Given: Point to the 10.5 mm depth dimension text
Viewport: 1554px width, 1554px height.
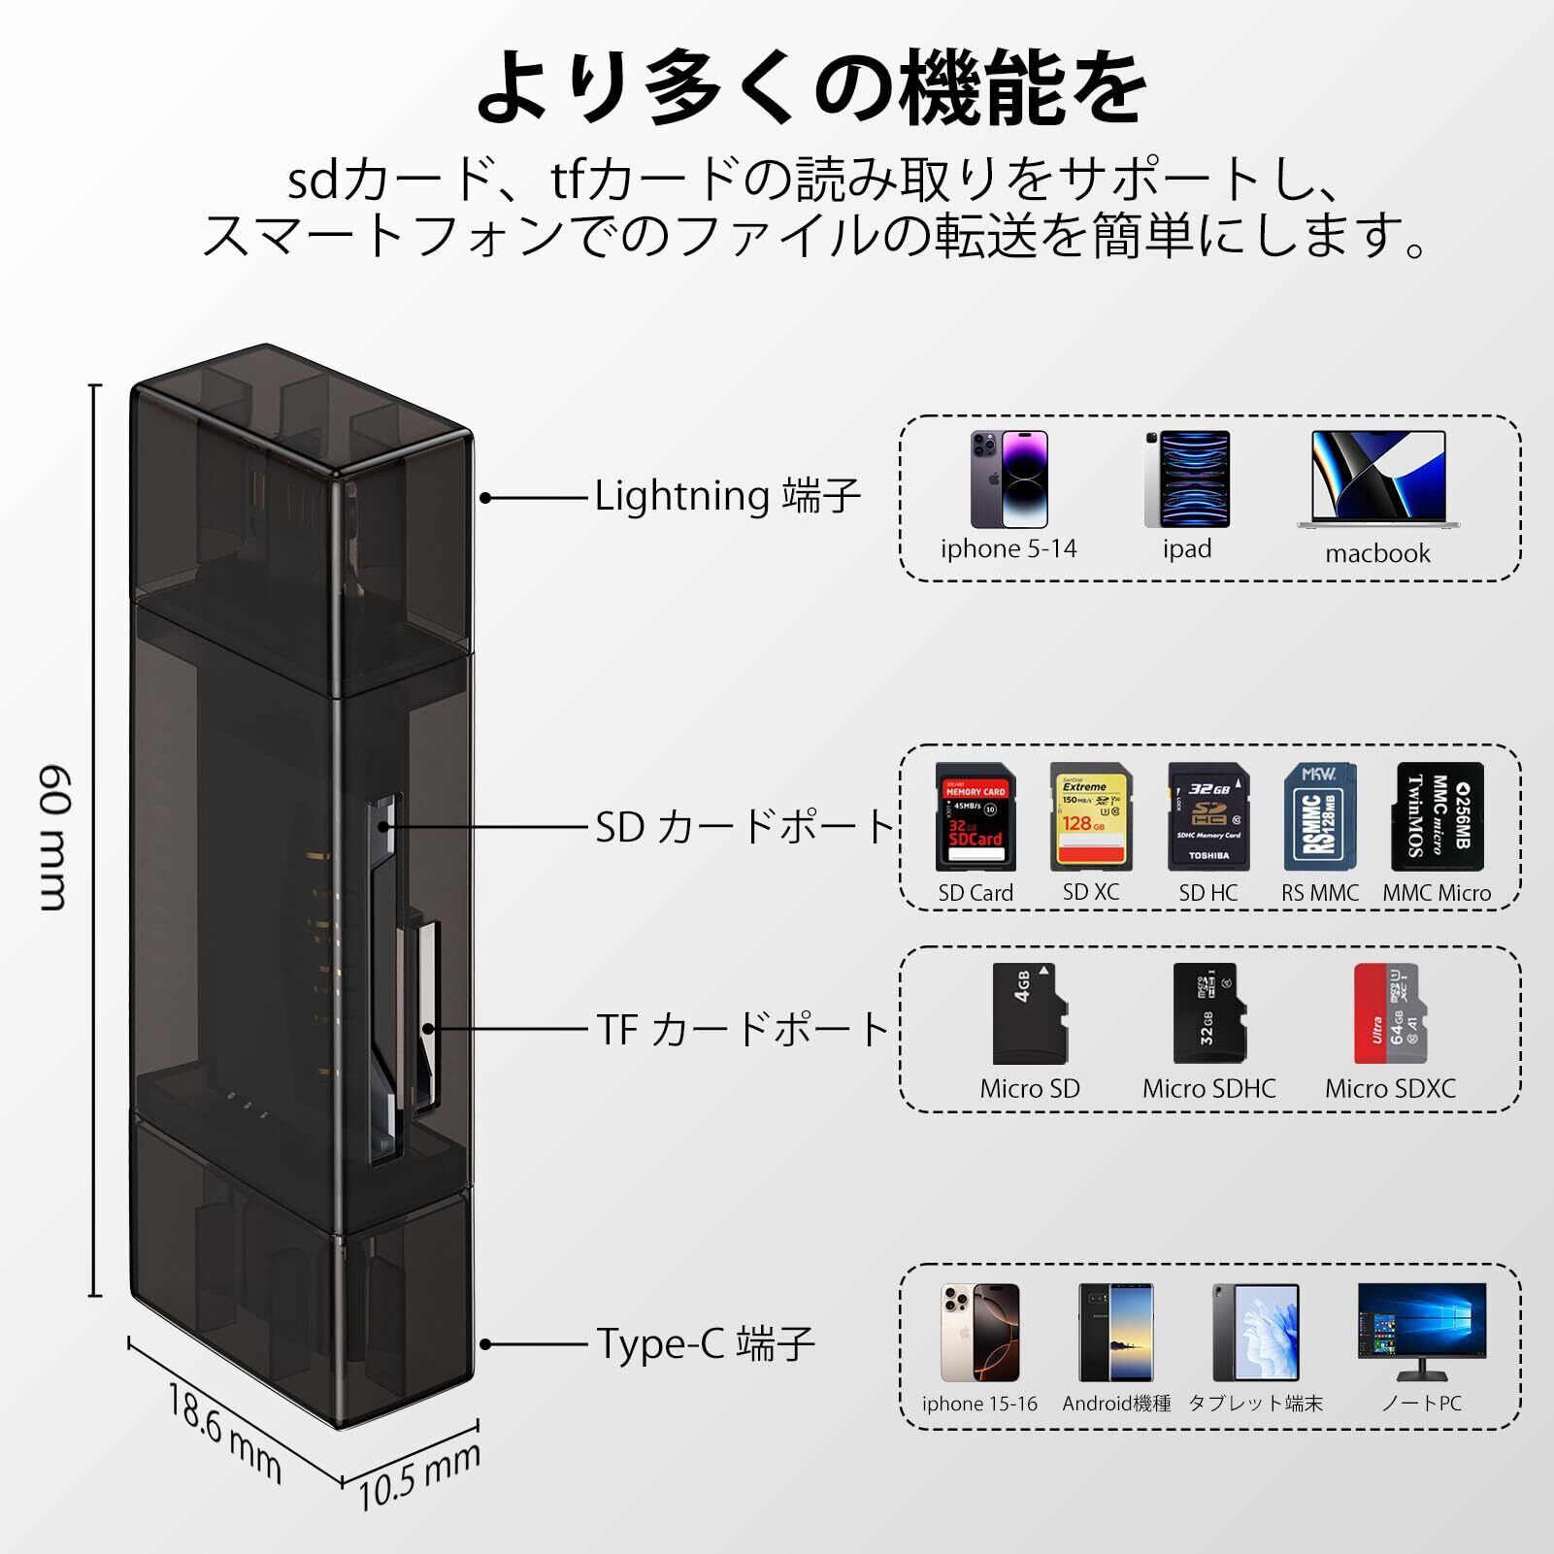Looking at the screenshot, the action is [419, 1475].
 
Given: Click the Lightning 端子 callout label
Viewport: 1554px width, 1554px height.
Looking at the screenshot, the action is [727, 497].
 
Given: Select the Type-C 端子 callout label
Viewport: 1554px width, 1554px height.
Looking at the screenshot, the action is [705, 1344].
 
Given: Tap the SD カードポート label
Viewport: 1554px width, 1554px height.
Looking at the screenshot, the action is [744, 828].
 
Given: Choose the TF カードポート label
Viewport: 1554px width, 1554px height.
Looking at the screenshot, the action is [743, 1029].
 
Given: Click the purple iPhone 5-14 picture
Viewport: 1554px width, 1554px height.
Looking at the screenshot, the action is [1008, 479].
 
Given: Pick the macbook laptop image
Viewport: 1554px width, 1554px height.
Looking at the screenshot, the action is [1377, 479].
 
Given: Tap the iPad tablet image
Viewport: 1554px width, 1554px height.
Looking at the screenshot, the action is [1186, 479].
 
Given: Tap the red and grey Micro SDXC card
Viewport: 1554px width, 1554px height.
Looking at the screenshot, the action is [1390, 1014].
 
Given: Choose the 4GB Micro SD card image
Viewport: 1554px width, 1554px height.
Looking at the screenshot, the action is [1029, 1014].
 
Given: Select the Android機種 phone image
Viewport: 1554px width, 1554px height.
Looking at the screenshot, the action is [1116, 1332].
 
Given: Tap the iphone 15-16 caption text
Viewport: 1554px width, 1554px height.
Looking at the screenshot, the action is [979, 1404].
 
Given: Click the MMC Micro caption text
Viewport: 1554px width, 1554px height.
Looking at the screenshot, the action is [1437, 893].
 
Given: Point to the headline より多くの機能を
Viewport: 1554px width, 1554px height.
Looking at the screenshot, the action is [811, 89].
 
